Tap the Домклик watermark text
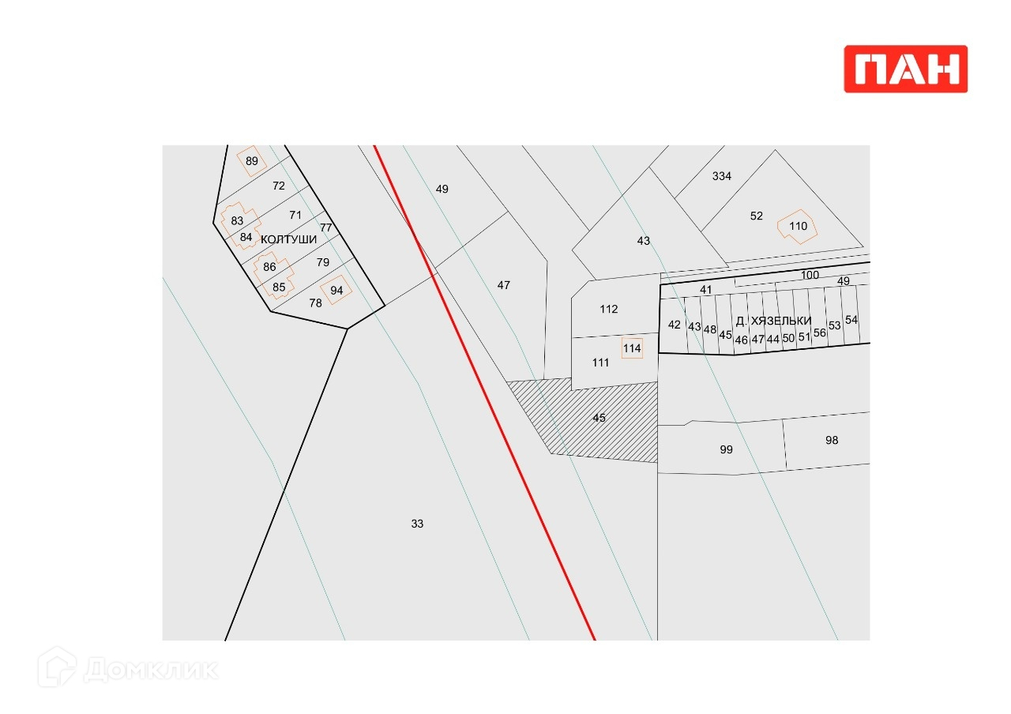(151, 670)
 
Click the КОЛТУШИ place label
(289, 239)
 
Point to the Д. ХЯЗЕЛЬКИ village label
(773, 321)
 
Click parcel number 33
(417, 524)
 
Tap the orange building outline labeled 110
(797, 227)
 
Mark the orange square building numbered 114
(632, 348)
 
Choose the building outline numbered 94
(336, 290)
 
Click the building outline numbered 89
(251, 160)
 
